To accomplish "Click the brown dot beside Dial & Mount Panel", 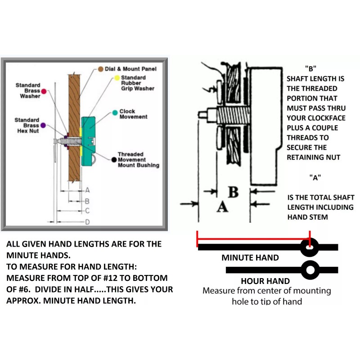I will (x=101, y=69).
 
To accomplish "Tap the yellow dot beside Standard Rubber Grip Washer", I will (x=116, y=78).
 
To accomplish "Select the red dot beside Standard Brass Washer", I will (x=44, y=91).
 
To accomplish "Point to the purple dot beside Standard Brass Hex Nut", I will (x=43, y=125).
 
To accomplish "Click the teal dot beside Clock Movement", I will (x=115, y=112).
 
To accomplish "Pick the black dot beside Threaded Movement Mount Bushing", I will (x=114, y=159).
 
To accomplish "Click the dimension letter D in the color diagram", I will (x=88, y=221).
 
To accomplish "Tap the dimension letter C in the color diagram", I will (x=88, y=211).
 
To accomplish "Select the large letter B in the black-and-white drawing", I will (x=233, y=192).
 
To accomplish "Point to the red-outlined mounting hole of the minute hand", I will (x=309, y=247).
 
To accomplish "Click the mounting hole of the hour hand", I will (x=309, y=270).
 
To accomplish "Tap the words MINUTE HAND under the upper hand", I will (x=250, y=258).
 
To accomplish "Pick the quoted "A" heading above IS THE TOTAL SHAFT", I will (x=315, y=177).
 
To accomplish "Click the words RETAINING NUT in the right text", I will (x=313, y=157).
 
